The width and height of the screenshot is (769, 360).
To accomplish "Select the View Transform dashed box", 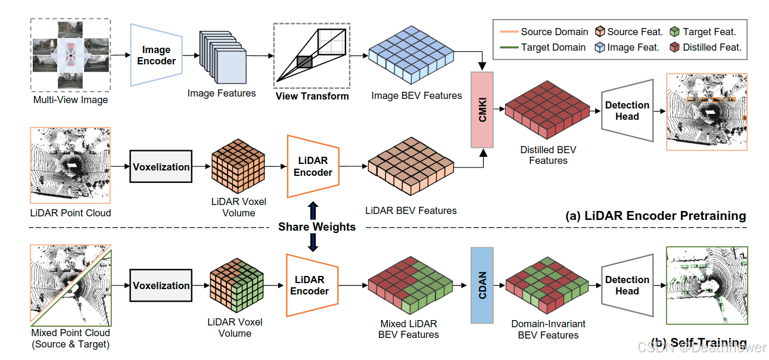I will pyautogui.click(x=312, y=55).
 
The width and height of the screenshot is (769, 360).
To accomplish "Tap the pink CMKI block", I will pyautogui.click(x=482, y=110).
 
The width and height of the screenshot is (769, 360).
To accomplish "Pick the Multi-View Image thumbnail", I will pyautogui.click(x=70, y=55).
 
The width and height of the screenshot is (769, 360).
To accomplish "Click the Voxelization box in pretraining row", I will pyautogui.click(x=161, y=167).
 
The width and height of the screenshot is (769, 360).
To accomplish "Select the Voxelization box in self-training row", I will pyautogui.click(x=161, y=285).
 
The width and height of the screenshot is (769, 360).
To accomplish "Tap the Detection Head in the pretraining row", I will pyautogui.click(x=627, y=111).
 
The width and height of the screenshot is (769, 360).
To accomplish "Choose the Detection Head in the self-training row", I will pyautogui.click(x=627, y=285).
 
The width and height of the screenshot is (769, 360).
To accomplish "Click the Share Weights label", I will pyautogui.click(x=317, y=226).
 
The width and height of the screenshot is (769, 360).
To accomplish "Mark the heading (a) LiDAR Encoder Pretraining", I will pyautogui.click(x=655, y=216).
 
